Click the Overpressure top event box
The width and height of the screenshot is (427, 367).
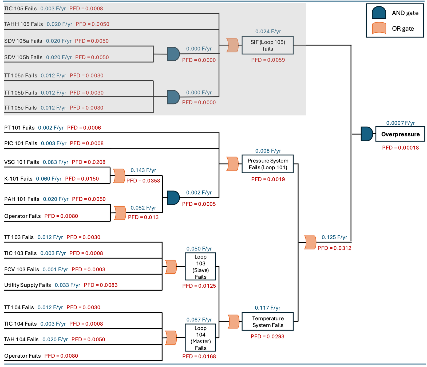[x=400, y=134]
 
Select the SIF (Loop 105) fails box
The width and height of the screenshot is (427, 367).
[x=267, y=45]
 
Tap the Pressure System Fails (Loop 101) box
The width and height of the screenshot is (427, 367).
[x=267, y=164]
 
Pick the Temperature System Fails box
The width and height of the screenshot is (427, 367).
[x=267, y=322]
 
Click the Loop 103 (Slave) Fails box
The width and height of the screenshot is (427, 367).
[x=200, y=267]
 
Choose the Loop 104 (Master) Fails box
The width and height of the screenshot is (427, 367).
[x=200, y=338]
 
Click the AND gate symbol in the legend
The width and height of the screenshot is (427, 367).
[x=379, y=13]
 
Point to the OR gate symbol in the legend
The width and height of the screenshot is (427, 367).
[x=379, y=28]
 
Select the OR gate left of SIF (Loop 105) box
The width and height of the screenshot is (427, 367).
[x=232, y=45]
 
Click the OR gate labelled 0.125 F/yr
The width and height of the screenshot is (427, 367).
[x=310, y=243]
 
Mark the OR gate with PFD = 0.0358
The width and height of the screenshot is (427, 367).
[x=119, y=176]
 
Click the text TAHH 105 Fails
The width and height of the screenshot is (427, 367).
[x=23, y=24]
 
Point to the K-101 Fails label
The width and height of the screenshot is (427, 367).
[x=18, y=179]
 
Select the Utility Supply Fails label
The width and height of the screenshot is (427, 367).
[x=27, y=285]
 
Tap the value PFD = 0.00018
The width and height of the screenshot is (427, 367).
[x=400, y=148]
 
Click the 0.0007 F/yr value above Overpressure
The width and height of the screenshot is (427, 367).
[x=400, y=123]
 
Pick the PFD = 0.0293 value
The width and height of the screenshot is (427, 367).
[x=267, y=337]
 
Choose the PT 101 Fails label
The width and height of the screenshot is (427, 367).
[x=19, y=128]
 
